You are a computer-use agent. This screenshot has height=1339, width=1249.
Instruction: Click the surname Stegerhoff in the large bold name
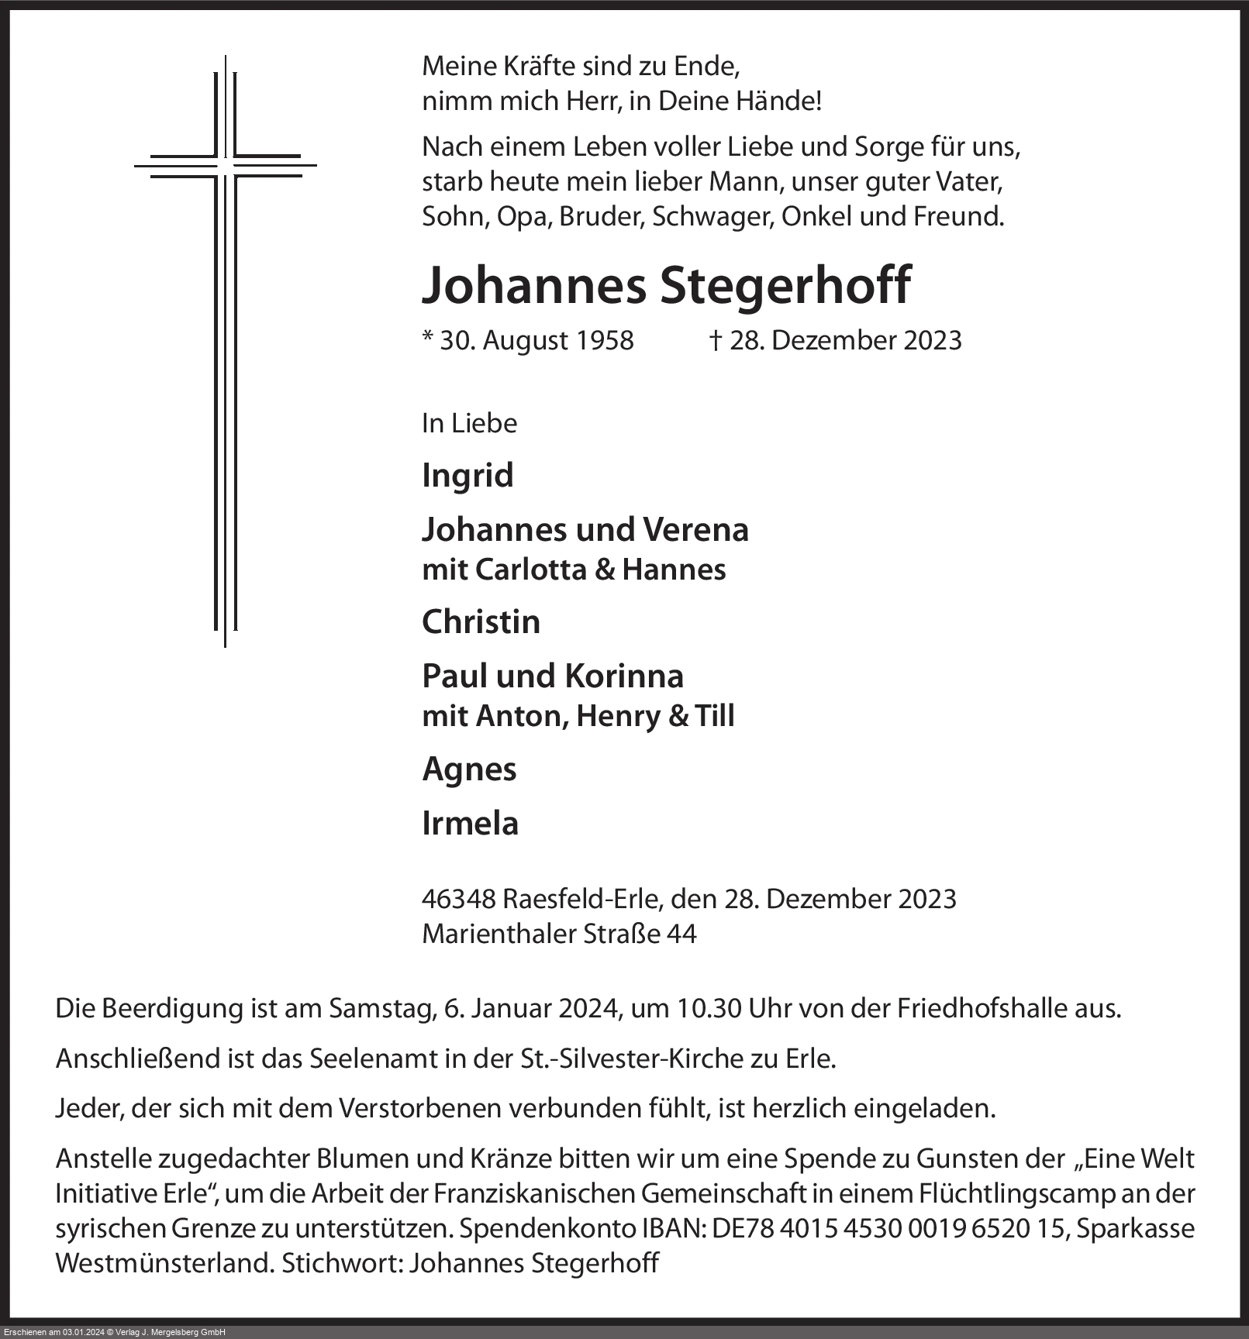coord(785,285)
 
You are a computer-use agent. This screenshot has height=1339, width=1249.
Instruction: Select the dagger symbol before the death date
coord(716,340)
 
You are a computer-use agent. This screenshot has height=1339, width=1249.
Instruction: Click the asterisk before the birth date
coord(427,338)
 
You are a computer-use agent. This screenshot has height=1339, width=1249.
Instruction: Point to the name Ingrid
coord(468,475)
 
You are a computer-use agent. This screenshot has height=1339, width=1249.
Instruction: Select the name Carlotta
coord(531,570)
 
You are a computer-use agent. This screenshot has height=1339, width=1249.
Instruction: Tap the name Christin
coord(481,622)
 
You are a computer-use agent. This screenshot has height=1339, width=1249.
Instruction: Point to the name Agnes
coord(469,769)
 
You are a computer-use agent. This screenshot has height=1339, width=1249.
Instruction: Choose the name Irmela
coord(470,824)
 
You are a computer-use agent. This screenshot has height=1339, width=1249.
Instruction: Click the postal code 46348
coord(458,899)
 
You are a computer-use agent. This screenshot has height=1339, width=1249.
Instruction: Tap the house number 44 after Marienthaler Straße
coord(681,934)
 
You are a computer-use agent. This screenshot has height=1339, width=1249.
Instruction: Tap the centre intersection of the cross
coord(225,165)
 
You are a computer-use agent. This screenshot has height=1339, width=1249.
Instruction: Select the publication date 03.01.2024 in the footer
coord(83,1333)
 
